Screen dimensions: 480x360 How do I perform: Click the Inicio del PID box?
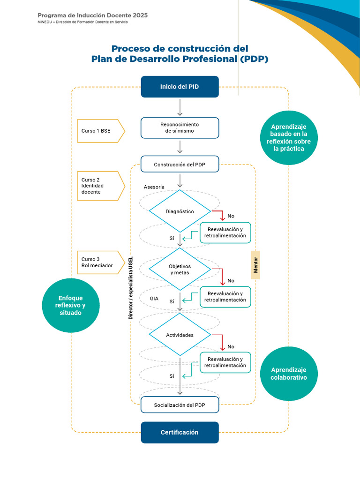pos(180,87)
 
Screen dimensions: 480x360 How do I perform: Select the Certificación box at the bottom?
pos(180,432)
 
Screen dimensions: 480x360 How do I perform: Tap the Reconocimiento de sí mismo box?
pos(180,127)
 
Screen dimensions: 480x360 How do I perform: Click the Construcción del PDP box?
pos(180,165)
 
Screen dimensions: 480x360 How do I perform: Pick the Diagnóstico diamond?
pos(180,211)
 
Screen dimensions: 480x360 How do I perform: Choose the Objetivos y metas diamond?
pos(180,269)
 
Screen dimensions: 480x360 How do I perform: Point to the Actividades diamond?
pos(180,335)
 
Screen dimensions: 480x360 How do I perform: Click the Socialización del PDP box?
pos(180,405)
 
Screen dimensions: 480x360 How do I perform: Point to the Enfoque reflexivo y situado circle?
pos(70,305)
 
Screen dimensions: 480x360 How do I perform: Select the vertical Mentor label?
pos(255,265)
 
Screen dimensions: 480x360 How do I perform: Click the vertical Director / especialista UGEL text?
pos(131,288)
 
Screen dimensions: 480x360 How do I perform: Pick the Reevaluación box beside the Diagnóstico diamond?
pos(225,232)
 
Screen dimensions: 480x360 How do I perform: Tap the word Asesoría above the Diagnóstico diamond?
pos(154,187)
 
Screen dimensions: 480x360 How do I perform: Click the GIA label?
pos(154,298)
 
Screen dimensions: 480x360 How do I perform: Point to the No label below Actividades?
pos(231,347)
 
